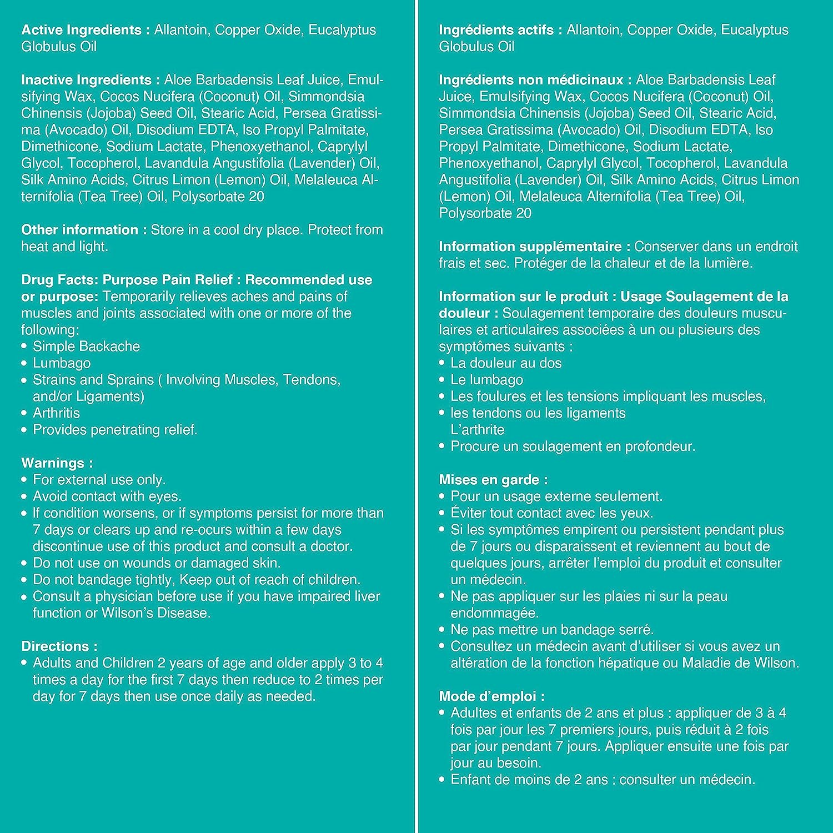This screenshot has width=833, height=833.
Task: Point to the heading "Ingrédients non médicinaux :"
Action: coord(535,80)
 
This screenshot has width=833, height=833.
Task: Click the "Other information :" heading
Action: coord(84,230)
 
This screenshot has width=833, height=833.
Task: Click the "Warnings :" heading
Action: coord(57,463)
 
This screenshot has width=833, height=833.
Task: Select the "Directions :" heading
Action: coord(59,646)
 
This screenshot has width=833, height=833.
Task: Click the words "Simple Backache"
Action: coord(86,347)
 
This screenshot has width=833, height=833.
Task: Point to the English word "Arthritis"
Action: coord(56,413)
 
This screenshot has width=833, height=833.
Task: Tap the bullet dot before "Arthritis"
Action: coord(24,413)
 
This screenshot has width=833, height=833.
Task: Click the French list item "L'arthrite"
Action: coord(477,430)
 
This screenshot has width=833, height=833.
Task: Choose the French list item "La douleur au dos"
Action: coord(506,363)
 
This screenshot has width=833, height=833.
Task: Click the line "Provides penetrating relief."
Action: coord(115,430)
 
